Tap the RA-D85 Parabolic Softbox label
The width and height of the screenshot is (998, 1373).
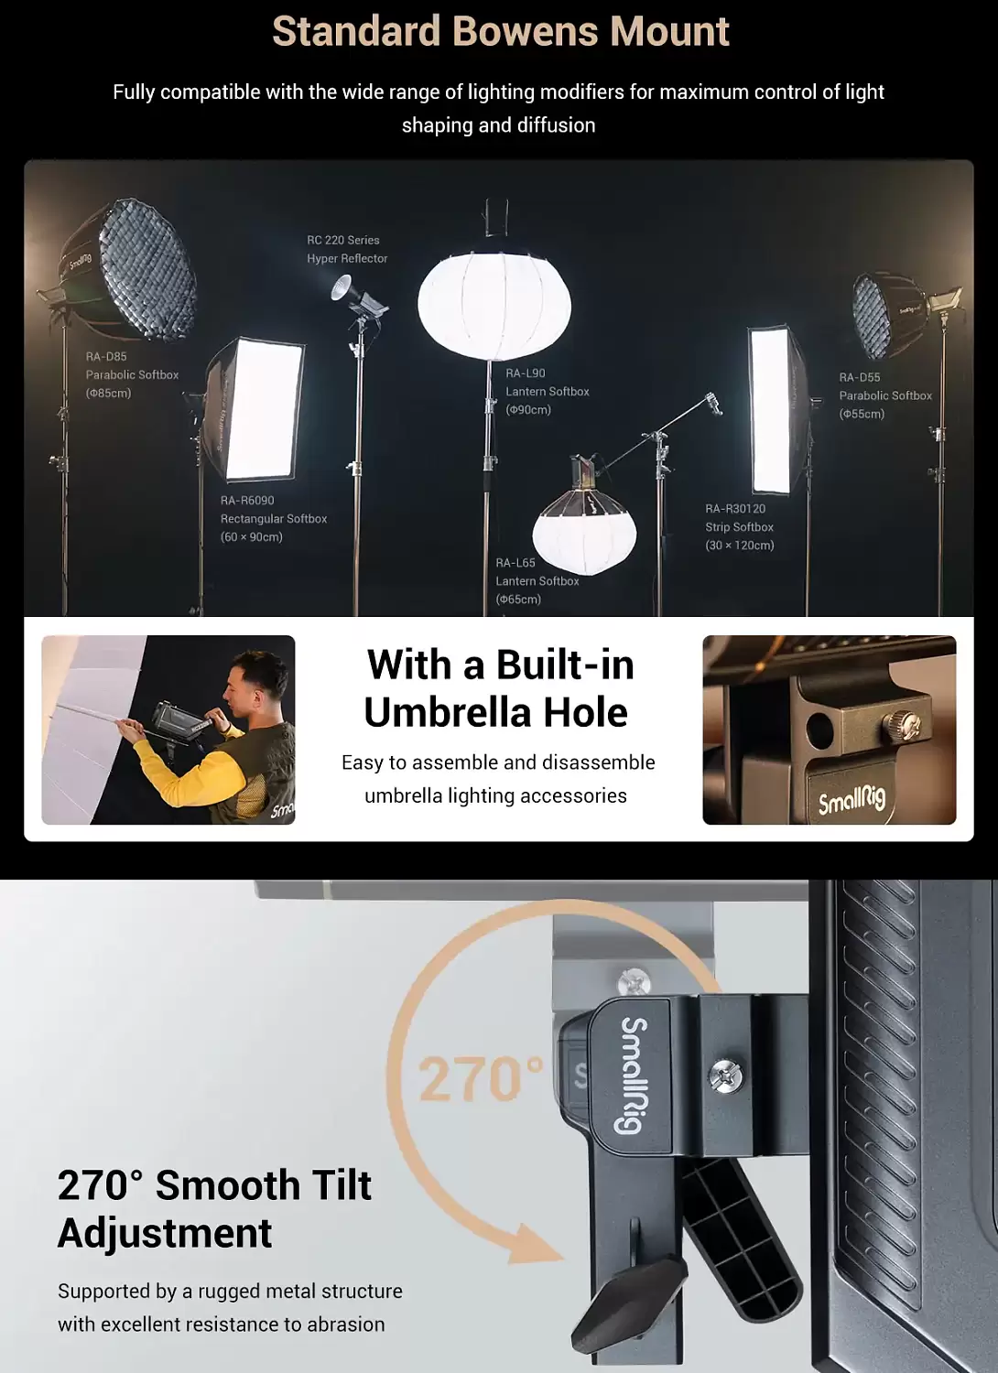(133, 374)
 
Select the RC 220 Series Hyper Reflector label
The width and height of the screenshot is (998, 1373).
(347, 249)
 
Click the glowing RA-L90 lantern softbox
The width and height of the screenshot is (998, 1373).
(494, 305)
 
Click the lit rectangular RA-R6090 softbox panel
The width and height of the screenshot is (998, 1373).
(264, 409)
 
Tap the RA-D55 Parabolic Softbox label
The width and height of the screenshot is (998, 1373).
(885, 395)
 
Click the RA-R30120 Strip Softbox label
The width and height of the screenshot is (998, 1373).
(739, 526)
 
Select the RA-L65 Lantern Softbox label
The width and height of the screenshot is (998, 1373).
(537, 580)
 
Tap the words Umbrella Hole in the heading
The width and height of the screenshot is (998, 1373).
(496, 712)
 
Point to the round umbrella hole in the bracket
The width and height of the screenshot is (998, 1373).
(819, 729)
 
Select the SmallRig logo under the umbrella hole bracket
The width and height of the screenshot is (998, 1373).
(852, 800)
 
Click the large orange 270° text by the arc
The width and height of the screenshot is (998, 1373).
(481, 1079)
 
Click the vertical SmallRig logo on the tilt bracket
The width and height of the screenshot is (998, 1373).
(632, 1075)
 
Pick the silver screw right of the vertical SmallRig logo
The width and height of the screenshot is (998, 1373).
(727, 1075)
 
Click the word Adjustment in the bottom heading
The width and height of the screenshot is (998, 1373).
(165, 1233)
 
